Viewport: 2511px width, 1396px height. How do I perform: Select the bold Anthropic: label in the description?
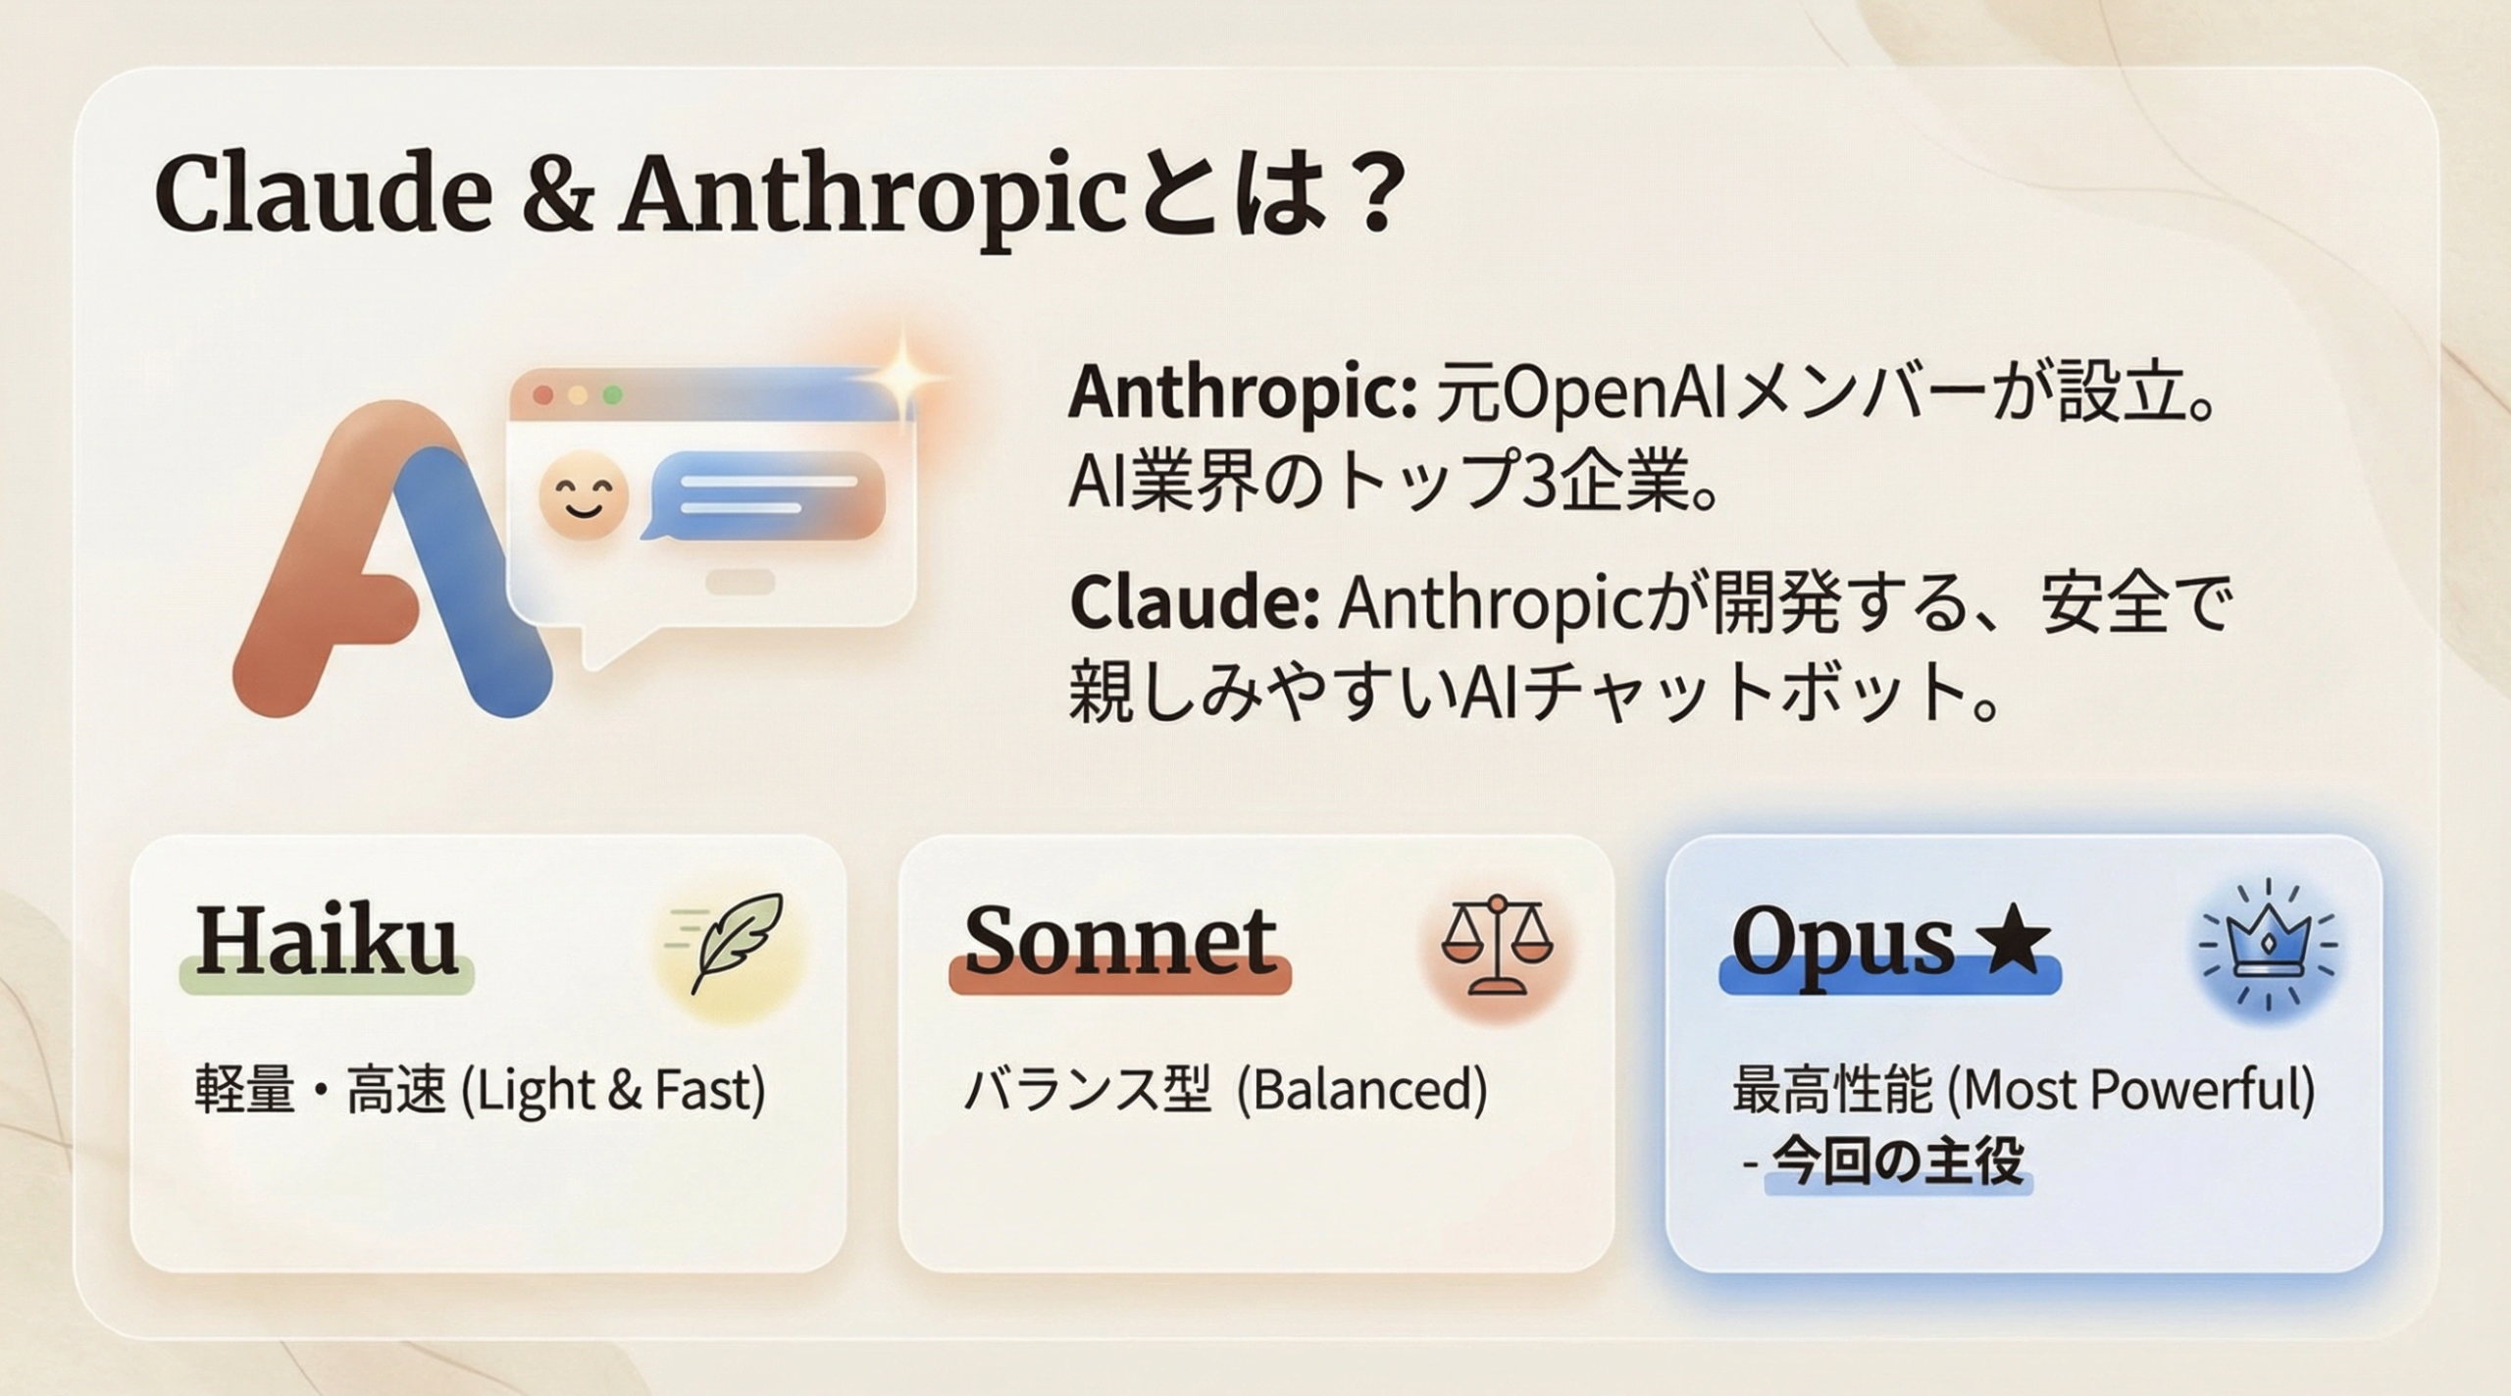click(x=1242, y=394)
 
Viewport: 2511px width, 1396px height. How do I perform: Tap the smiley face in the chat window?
click(x=583, y=494)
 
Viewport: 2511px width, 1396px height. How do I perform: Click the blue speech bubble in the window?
click(x=765, y=495)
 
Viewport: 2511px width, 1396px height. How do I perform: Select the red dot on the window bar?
click(x=542, y=395)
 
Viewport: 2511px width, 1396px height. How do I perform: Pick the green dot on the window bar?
click(x=612, y=395)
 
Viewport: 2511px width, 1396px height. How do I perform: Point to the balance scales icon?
click(x=1497, y=944)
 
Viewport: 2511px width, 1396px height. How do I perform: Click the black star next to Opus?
click(x=2012, y=940)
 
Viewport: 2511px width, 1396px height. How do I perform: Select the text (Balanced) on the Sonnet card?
click(x=1362, y=1090)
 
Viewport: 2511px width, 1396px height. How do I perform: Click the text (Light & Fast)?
click(x=613, y=1090)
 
